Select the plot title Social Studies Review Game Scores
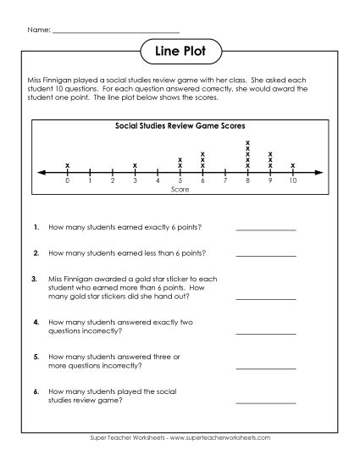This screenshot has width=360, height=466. pyautogui.click(x=180, y=125)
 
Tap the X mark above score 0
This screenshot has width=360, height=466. pyautogui.click(x=67, y=164)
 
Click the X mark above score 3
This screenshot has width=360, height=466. pyautogui.click(x=135, y=164)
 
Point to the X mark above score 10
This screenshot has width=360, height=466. pyautogui.click(x=293, y=164)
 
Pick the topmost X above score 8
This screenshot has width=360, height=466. pyautogui.click(x=247, y=142)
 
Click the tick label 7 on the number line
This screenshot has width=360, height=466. pyautogui.click(x=225, y=181)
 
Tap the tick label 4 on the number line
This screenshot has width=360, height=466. pyautogui.click(x=158, y=181)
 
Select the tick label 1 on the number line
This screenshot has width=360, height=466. pyautogui.click(x=90, y=181)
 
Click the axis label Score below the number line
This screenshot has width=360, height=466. pyautogui.click(x=180, y=190)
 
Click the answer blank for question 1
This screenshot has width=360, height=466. pyautogui.click(x=265, y=229)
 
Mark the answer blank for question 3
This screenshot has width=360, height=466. pyautogui.click(x=265, y=297)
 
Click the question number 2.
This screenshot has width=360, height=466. pyautogui.click(x=36, y=252)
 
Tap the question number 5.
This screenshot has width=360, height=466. pyautogui.click(x=36, y=357)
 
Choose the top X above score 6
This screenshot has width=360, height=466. pyautogui.click(x=202, y=153)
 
